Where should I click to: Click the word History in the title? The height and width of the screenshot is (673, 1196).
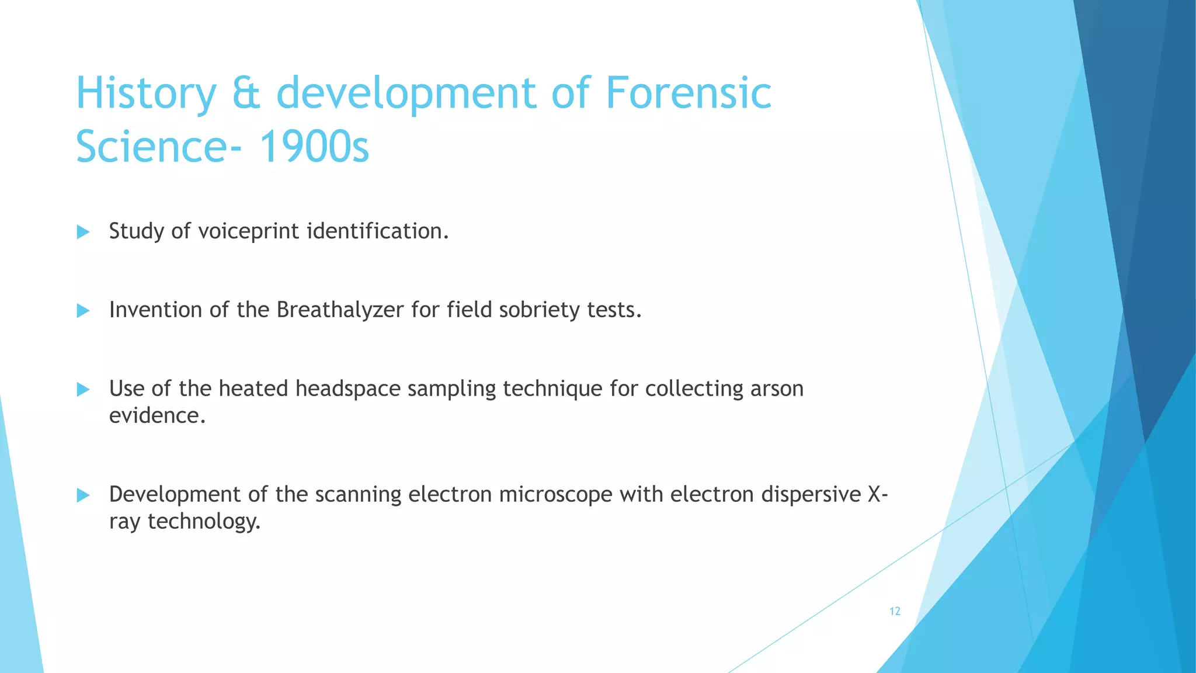click(146, 93)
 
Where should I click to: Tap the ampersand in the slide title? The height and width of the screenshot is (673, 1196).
click(246, 93)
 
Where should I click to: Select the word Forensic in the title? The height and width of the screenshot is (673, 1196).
click(689, 93)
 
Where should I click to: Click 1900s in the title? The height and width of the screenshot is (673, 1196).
click(314, 147)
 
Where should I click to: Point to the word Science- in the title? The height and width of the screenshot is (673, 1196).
click(158, 147)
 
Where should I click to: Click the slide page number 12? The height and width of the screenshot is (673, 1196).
click(895, 611)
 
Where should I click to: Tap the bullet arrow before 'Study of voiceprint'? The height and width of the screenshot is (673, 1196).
click(83, 232)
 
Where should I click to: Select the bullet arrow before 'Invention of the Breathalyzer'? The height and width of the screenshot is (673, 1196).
click(83, 311)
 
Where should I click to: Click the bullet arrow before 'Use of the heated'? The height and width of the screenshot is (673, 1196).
click(83, 389)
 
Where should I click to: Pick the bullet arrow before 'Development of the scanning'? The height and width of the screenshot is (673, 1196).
click(83, 495)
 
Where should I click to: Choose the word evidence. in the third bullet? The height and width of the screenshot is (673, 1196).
click(157, 415)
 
